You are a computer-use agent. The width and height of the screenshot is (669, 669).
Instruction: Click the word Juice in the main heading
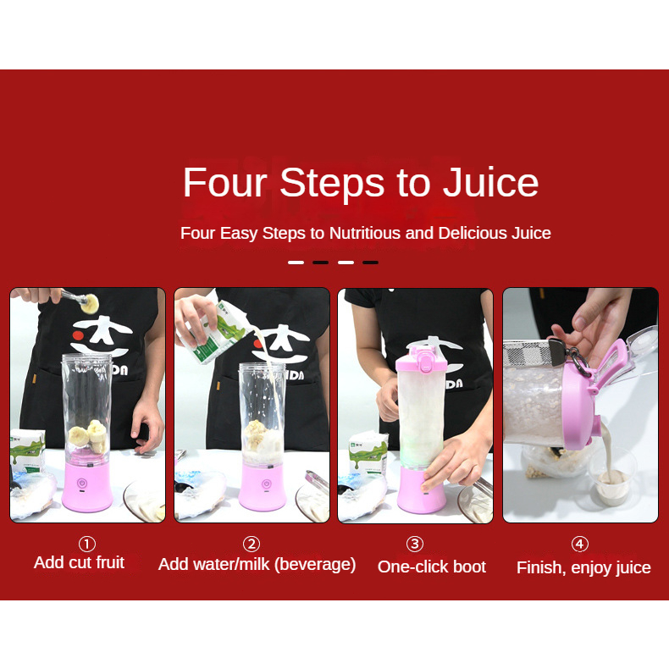tap(490, 182)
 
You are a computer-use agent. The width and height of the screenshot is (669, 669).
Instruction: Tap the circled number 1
tap(87, 544)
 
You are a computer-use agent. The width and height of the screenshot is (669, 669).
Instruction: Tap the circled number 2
tap(252, 544)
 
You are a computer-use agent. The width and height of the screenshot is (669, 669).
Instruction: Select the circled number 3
tap(415, 544)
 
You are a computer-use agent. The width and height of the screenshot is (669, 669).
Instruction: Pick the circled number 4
tap(580, 544)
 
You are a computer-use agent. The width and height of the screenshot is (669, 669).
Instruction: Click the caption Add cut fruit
tap(79, 562)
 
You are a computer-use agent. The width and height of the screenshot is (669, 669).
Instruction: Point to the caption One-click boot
tap(432, 567)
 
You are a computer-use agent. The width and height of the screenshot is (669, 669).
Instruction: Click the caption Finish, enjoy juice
tap(583, 568)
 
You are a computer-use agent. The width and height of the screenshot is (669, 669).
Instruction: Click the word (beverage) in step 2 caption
tap(315, 565)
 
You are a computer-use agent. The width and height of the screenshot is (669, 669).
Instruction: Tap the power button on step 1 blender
tap(82, 484)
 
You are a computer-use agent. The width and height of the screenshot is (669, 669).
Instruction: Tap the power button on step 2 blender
tap(266, 484)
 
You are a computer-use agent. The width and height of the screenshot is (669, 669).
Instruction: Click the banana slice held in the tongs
tap(90, 303)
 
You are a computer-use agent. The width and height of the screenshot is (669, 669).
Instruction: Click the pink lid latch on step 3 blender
tap(425, 359)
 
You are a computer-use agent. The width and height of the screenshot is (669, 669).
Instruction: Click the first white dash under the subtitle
tap(296, 263)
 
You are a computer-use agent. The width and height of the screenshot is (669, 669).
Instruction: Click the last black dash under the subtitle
tap(370, 263)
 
